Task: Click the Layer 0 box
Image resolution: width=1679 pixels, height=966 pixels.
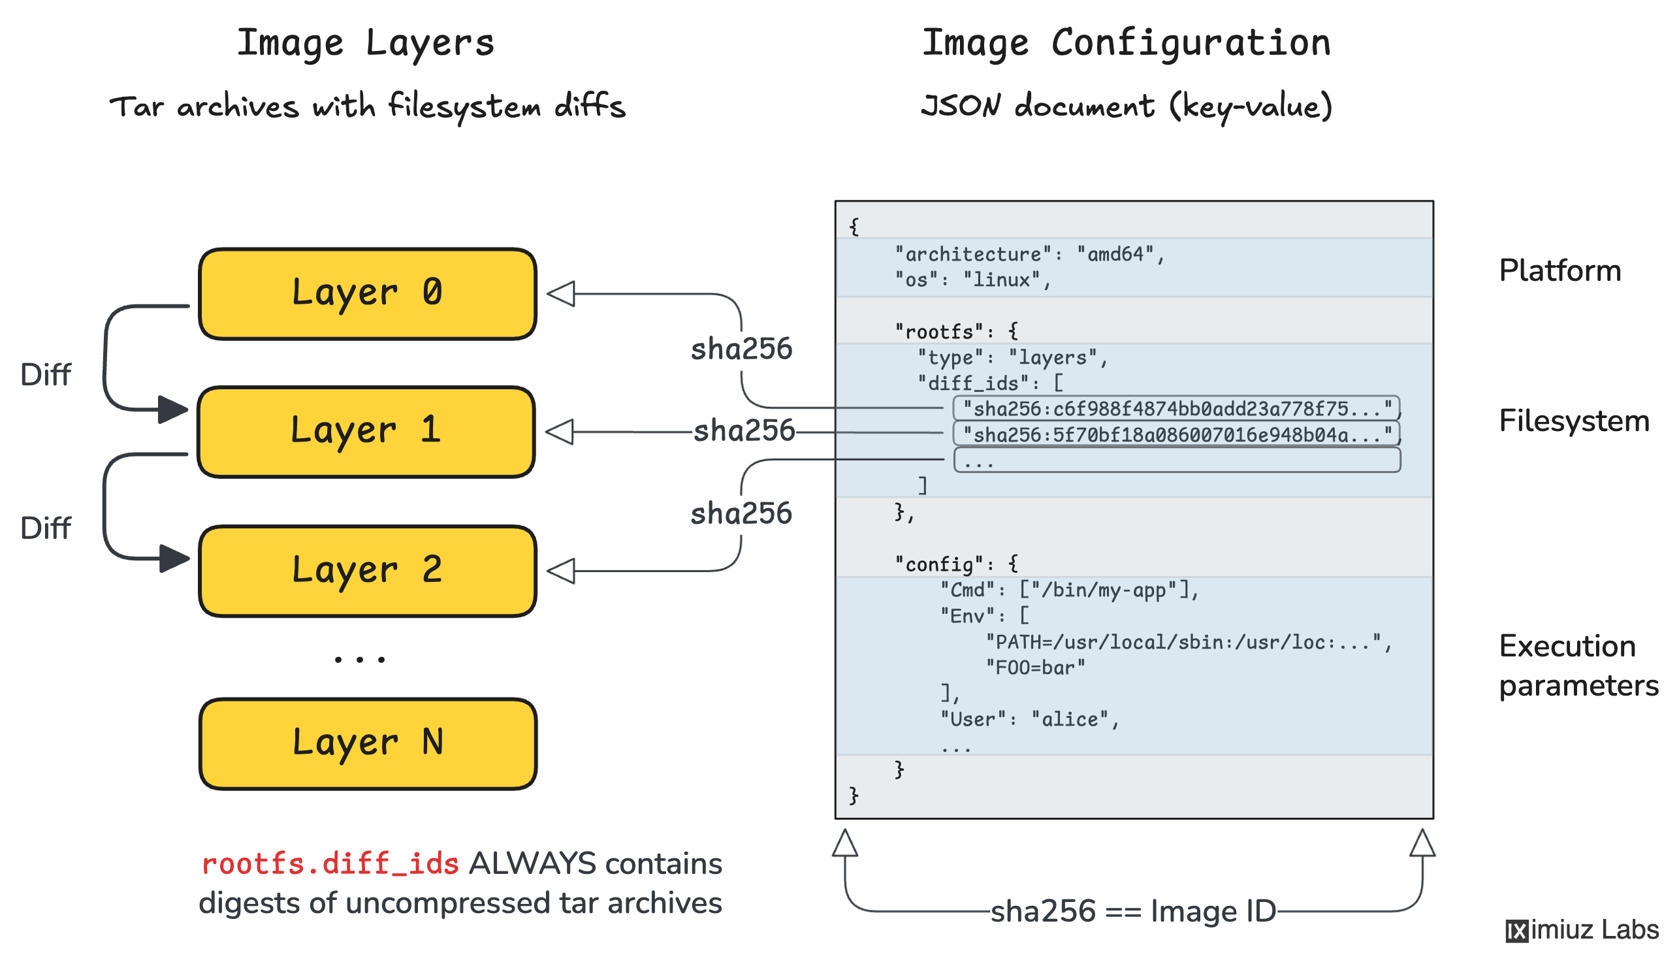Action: (x=367, y=294)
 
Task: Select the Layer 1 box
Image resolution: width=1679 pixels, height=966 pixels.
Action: (x=366, y=432)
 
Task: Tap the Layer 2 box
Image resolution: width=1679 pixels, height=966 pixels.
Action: (x=367, y=571)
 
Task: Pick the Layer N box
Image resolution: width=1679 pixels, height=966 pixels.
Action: (x=367, y=743)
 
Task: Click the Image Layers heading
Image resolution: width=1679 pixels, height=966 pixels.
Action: (x=366, y=43)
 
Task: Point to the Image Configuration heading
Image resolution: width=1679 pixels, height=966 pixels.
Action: (x=1126, y=43)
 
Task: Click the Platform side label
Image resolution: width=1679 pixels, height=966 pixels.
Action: (x=1559, y=270)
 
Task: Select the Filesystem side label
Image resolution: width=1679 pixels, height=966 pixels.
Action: (x=1573, y=421)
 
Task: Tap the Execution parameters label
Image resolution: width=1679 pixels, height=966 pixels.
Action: (x=1578, y=666)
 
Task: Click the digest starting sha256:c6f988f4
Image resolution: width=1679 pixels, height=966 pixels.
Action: (x=1175, y=408)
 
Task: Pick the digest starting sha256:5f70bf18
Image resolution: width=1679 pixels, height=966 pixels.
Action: (x=1175, y=434)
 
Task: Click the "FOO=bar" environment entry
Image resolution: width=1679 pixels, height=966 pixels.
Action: (x=1035, y=668)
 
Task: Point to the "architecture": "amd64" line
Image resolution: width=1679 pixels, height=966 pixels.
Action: (x=1028, y=254)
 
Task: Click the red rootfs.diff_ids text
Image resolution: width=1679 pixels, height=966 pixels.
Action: (x=330, y=864)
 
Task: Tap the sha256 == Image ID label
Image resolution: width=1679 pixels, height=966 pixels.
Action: (x=1132, y=911)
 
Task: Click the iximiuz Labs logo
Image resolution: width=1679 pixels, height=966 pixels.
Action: (x=1582, y=930)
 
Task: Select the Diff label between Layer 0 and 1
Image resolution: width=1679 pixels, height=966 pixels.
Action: (x=45, y=375)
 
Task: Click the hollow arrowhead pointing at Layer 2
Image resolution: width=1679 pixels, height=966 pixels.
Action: (x=561, y=571)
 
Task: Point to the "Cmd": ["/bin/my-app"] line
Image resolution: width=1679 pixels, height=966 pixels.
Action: (x=1068, y=590)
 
